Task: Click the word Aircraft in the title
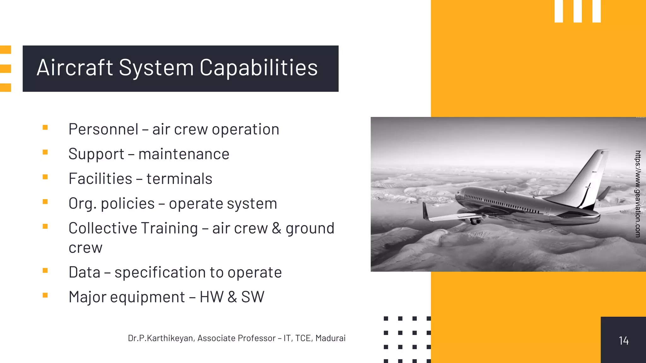[75, 68]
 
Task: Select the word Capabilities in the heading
[259, 68]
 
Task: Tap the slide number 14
[623, 341]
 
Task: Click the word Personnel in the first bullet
[103, 129]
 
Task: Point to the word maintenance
[184, 154]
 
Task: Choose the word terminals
[179, 179]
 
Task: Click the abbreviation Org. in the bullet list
[82, 204]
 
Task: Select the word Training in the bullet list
[169, 228]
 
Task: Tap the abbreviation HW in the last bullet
[211, 297]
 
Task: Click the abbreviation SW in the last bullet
[253, 297]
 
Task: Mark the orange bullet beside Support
[45, 152]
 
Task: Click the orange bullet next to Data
[45, 270]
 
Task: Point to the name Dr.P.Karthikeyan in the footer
[161, 338]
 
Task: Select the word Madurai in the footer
[330, 338]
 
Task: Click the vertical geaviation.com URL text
[638, 193]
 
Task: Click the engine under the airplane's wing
[475, 220]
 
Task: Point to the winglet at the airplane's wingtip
[426, 211]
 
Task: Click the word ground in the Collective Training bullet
[310, 228]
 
